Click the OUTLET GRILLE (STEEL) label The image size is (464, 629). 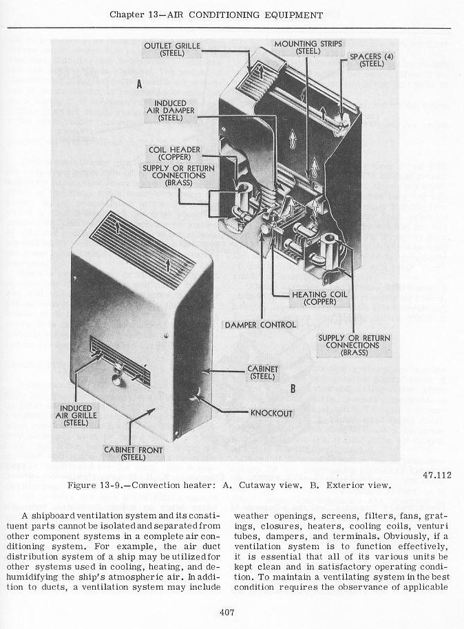[x=172, y=50]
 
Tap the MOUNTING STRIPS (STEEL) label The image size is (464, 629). [x=308, y=47]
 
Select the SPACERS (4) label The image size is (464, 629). [x=372, y=60]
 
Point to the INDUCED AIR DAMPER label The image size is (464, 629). [x=170, y=110]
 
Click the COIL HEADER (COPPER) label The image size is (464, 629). [x=174, y=153]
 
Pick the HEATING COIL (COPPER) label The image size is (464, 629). [x=319, y=298]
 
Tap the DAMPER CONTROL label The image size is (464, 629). [x=260, y=325]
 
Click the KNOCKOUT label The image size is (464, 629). [x=271, y=413]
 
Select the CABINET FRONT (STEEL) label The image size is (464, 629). [x=134, y=454]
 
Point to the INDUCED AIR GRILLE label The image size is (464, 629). [x=76, y=415]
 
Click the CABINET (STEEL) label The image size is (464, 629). [x=262, y=373]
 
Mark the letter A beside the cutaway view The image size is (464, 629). [x=139, y=84]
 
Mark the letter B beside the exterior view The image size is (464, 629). [x=293, y=388]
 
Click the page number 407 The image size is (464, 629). [x=226, y=612]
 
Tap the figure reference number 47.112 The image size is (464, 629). [x=437, y=476]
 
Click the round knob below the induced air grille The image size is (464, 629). [x=119, y=381]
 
